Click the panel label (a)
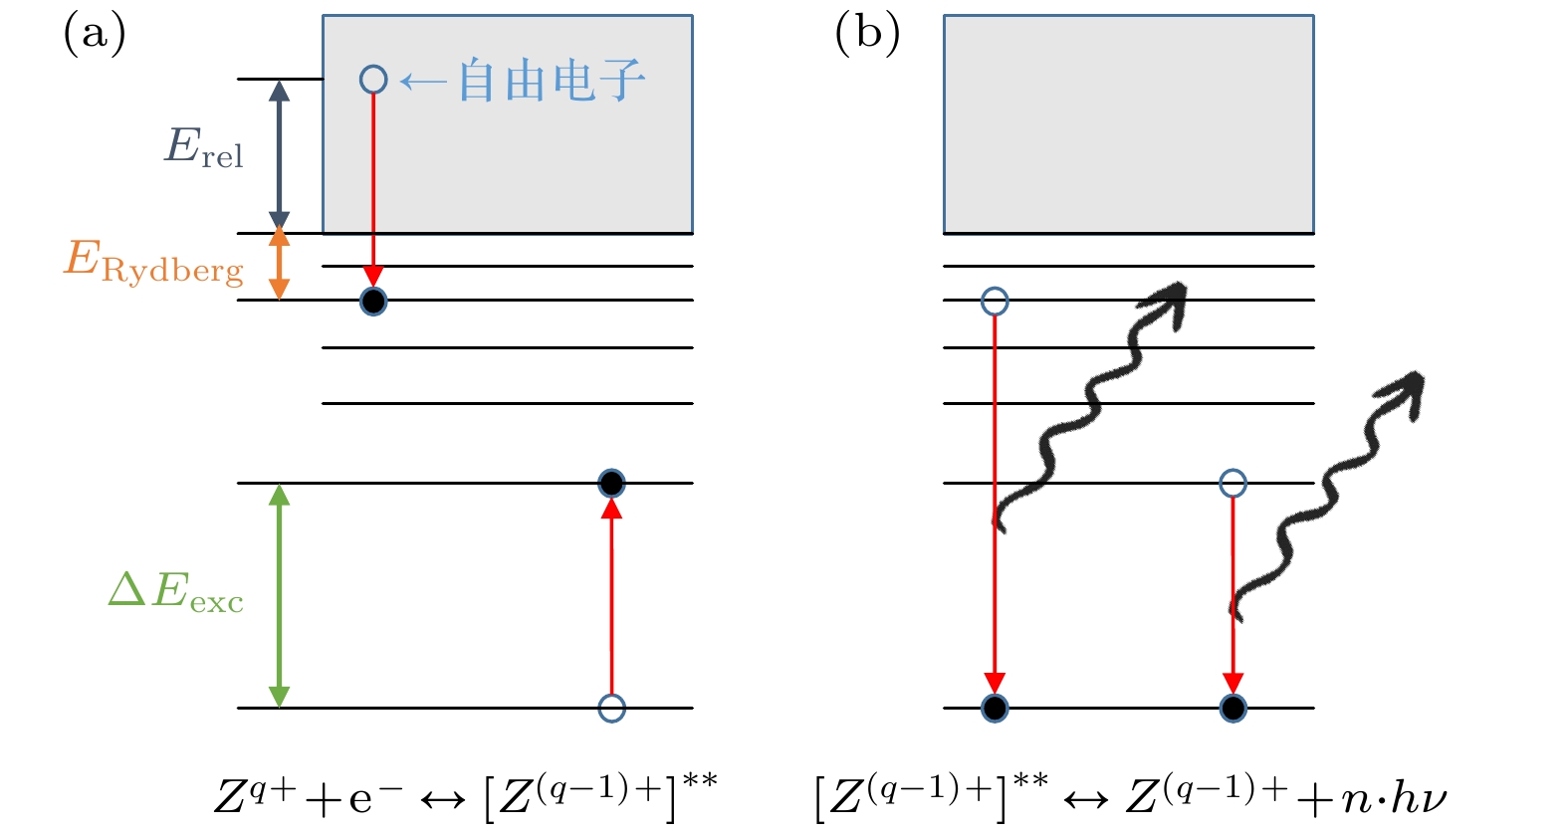(x=95, y=34)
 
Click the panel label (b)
(x=867, y=34)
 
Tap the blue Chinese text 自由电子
(x=551, y=81)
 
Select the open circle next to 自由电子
(x=373, y=80)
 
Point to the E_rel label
(x=203, y=148)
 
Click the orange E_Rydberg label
(x=153, y=262)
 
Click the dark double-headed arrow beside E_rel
(x=280, y=155)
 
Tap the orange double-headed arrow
(x=280, y=264)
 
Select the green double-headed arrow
(x=280, y=595)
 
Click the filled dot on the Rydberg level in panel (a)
(x=373, y=301)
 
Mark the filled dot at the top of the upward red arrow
(x=611, y=484)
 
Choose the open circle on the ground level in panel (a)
(x=611, y=708)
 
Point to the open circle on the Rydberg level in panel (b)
(x=995, y=301)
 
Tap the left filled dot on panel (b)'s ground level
(x=995, y=708)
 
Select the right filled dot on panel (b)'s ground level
(x=1232, y=708)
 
